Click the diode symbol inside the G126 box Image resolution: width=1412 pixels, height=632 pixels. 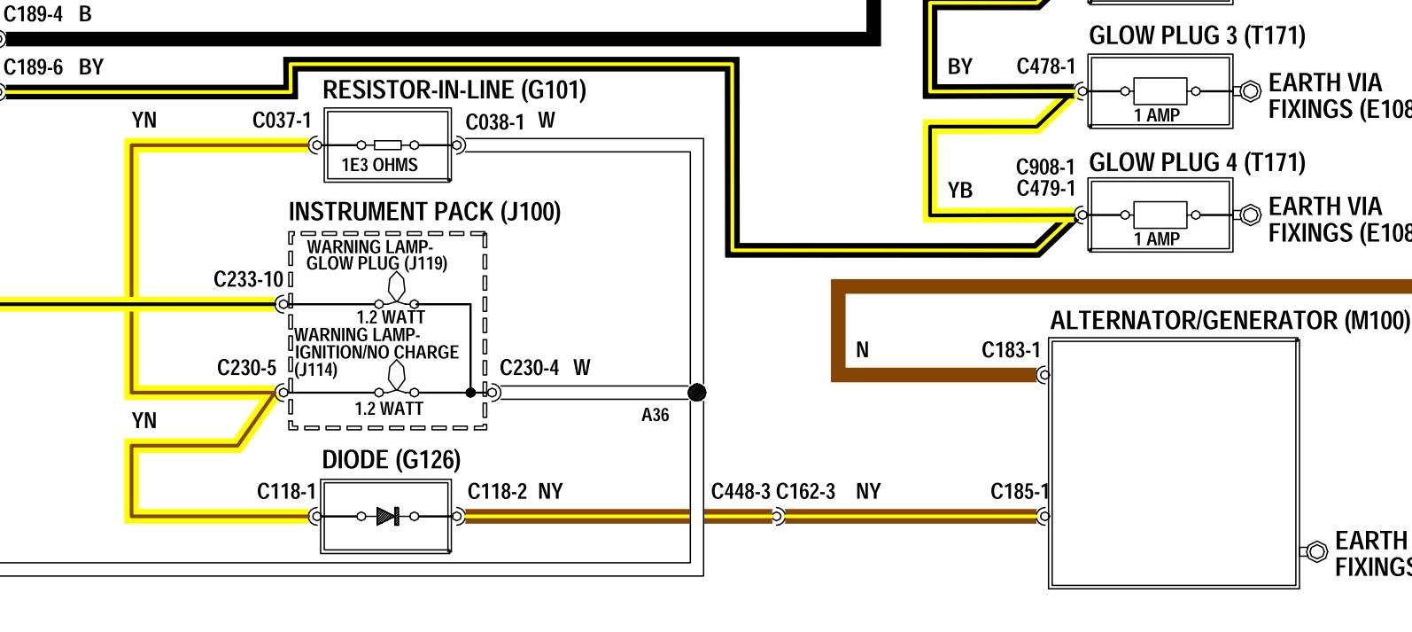click(x=388, y=516)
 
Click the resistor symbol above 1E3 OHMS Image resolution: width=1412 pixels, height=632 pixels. click(x=387, y=144)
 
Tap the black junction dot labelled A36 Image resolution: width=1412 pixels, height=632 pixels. click(x=697, y=392)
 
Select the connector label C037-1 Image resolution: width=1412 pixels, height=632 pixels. click(x=282, y=121)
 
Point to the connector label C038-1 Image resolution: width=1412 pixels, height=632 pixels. click(x=494, y=121)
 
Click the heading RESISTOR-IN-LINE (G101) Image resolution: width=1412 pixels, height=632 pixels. click(x=454, y=90)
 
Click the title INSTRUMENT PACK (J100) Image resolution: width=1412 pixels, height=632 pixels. click(x=424, y=212)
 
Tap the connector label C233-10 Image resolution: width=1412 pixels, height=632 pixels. click(x=248, y=280)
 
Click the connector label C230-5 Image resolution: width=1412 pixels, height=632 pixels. click(x=246, y=368)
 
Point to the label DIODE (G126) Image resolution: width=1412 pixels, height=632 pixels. click(x=391, y=460)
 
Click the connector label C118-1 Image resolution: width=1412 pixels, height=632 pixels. click(x=286, y=491)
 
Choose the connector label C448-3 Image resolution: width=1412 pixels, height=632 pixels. click(x=741, y=491)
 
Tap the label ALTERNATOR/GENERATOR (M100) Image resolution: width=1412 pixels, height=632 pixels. click(x=1229, y=321)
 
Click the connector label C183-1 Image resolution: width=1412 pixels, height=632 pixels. click(x=1011, y=350)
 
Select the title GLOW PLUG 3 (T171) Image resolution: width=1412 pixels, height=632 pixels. click(x=1197, y=35)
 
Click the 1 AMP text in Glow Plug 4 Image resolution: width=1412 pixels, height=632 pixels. click(x=1158, y=239)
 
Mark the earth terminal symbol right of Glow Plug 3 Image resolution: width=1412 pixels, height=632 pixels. click(x=1250, y=90)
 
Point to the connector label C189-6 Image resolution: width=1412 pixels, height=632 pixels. click(x=33, y=67)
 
